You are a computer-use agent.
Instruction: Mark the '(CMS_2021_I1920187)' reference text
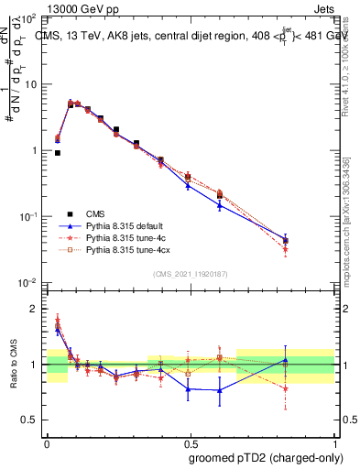(191, 274)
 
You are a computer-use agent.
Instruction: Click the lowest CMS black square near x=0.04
(58, 153)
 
